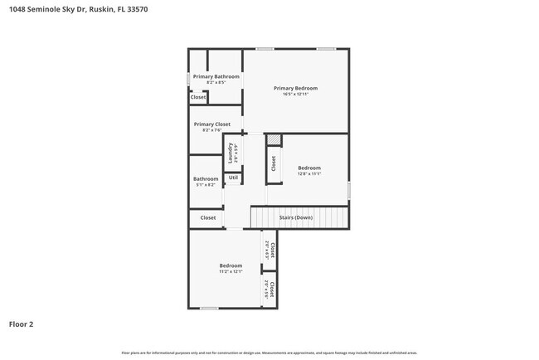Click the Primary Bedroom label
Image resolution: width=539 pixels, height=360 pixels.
pos(295,88)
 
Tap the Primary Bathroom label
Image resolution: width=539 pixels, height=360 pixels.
pos(216,76)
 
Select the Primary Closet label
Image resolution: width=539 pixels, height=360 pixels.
pos(211,124)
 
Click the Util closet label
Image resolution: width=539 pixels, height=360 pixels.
pos(233,178)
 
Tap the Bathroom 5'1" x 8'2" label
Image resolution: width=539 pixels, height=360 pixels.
pos(206,179)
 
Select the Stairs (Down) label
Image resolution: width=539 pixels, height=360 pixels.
pos(295,217)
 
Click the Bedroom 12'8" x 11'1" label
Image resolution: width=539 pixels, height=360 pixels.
pos(308,168)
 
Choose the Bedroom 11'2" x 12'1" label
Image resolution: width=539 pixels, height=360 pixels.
pos(231,265)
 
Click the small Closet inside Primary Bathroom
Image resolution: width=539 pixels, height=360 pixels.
pos(198,97)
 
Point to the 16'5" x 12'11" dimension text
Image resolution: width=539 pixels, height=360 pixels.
pos(295,95)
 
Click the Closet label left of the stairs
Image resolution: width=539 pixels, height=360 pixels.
pos(207,218)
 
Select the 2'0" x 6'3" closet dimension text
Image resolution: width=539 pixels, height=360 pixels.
pos(266,250)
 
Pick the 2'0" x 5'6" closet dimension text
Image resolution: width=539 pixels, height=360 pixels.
pos(266,289)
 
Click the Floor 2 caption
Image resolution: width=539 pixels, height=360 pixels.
pos(22,324)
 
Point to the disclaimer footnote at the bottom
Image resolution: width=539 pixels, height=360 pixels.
pos(269,353)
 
